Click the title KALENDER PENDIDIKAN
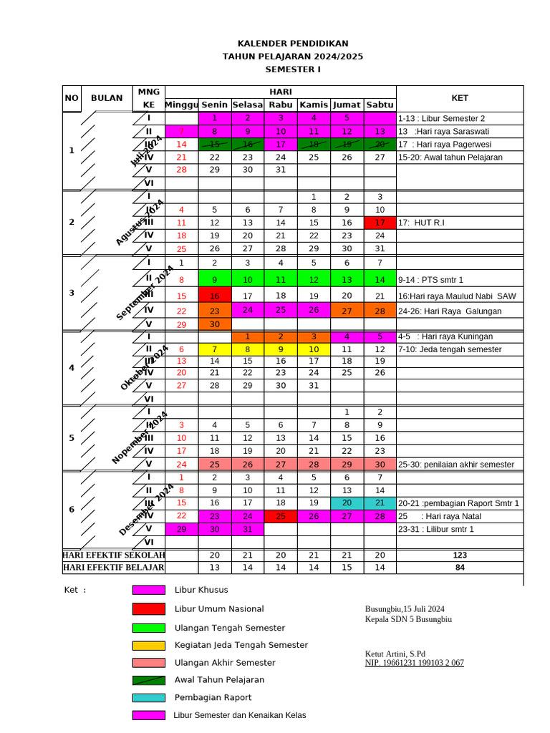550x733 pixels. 293,43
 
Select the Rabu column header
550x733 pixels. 281,105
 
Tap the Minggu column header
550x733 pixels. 182,105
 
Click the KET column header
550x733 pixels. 460,98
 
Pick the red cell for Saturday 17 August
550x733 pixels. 380,223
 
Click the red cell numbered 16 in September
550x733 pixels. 214,296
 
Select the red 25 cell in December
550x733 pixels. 281,516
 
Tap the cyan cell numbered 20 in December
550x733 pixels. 347,503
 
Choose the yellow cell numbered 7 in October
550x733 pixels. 214,349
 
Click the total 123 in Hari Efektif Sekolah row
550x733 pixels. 460,555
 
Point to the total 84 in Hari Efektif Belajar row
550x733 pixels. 460,568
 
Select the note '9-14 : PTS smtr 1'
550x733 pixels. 431,280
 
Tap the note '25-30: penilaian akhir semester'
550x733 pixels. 456,465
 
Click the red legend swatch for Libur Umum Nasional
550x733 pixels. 148,609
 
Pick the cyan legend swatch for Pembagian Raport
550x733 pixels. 148,697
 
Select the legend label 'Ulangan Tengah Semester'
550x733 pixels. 230,628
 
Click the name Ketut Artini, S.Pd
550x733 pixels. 395,654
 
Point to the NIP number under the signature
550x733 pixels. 415,663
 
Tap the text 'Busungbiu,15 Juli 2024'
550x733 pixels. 405,609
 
